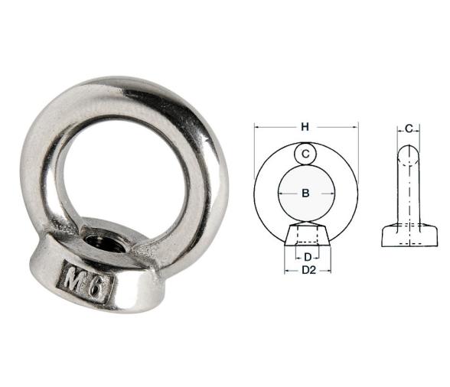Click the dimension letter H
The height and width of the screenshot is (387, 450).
point(305,126)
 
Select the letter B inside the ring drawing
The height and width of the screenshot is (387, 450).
point(305,193)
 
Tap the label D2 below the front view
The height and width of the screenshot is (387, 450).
point(307,270)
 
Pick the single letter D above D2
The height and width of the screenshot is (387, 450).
point(307,256)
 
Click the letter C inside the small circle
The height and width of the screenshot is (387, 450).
point(305,154)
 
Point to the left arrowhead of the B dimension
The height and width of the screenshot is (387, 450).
point(280,193)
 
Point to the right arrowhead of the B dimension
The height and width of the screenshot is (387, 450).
point(331,193)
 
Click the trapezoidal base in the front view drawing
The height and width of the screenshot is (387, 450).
point(306,234)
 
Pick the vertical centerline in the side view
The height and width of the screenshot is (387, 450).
point(409,207)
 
